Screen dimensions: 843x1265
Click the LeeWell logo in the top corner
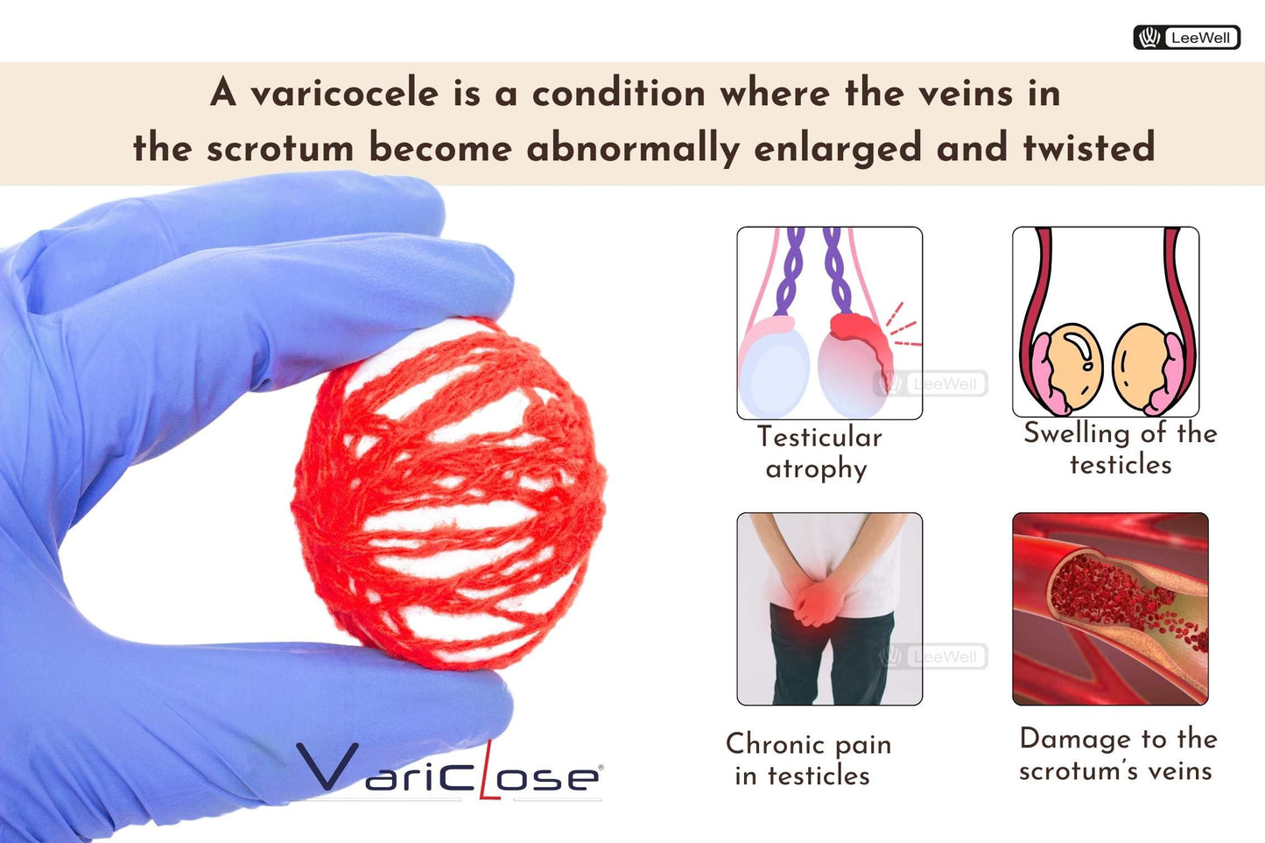point(1186,38)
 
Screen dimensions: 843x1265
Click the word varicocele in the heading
point(344,94)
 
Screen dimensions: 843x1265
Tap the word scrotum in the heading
point(279,147)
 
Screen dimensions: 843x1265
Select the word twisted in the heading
point(1089,147)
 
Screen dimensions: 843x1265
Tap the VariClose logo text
point(449,771)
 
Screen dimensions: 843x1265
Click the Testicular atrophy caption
point(818,452)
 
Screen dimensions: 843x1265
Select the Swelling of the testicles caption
point(1119,447)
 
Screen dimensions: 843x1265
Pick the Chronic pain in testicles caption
point(807,759)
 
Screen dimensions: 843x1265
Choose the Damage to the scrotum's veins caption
point(1117,754)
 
